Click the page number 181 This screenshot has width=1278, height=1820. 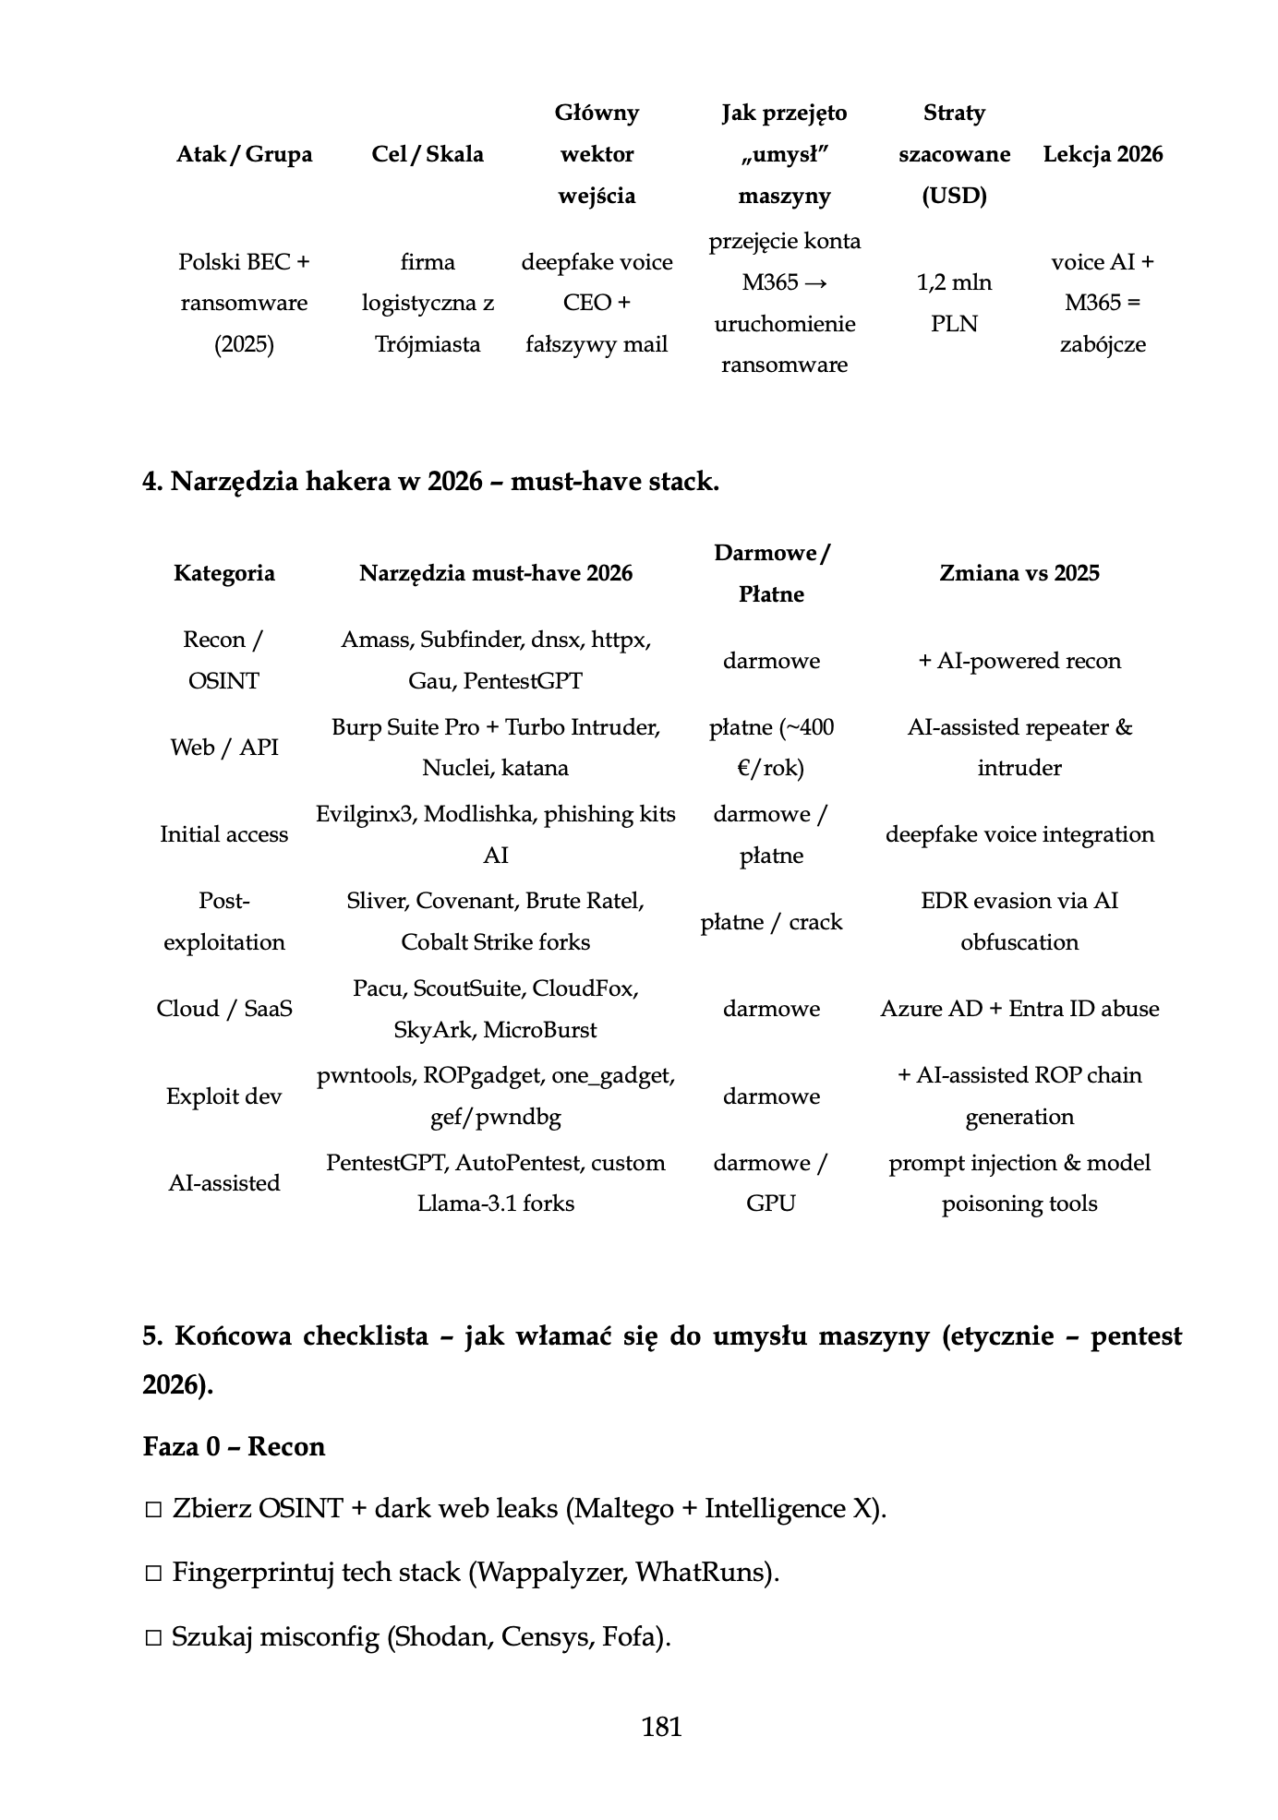coord(661,1727)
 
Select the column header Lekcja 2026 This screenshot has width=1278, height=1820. coord(1103,154)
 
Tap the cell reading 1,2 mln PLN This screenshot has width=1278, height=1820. coord(954,303)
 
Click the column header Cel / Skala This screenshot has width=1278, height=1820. coord(428,154)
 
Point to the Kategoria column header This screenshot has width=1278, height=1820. coord(224,573)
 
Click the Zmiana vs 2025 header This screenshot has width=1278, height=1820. coord(1019,573)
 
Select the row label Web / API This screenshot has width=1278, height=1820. coord(224,748)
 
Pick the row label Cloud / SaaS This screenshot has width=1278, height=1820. coord(224,1009)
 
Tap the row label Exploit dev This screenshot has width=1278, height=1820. coord(224,1096)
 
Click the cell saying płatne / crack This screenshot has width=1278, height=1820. coord(771,922)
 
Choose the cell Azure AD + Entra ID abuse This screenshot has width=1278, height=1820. coord(1019,1009)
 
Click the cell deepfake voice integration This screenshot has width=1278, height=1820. coord(1019,834)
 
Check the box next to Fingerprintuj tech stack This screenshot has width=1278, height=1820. coord(153,1574)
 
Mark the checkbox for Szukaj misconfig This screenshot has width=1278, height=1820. coord(153,1638)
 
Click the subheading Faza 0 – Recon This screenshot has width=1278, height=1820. coord(234,1446)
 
